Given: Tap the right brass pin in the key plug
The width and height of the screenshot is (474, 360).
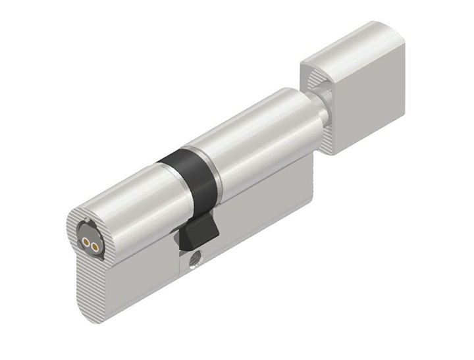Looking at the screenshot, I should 94,245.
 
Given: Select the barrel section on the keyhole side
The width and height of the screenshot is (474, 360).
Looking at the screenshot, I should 125,197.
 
